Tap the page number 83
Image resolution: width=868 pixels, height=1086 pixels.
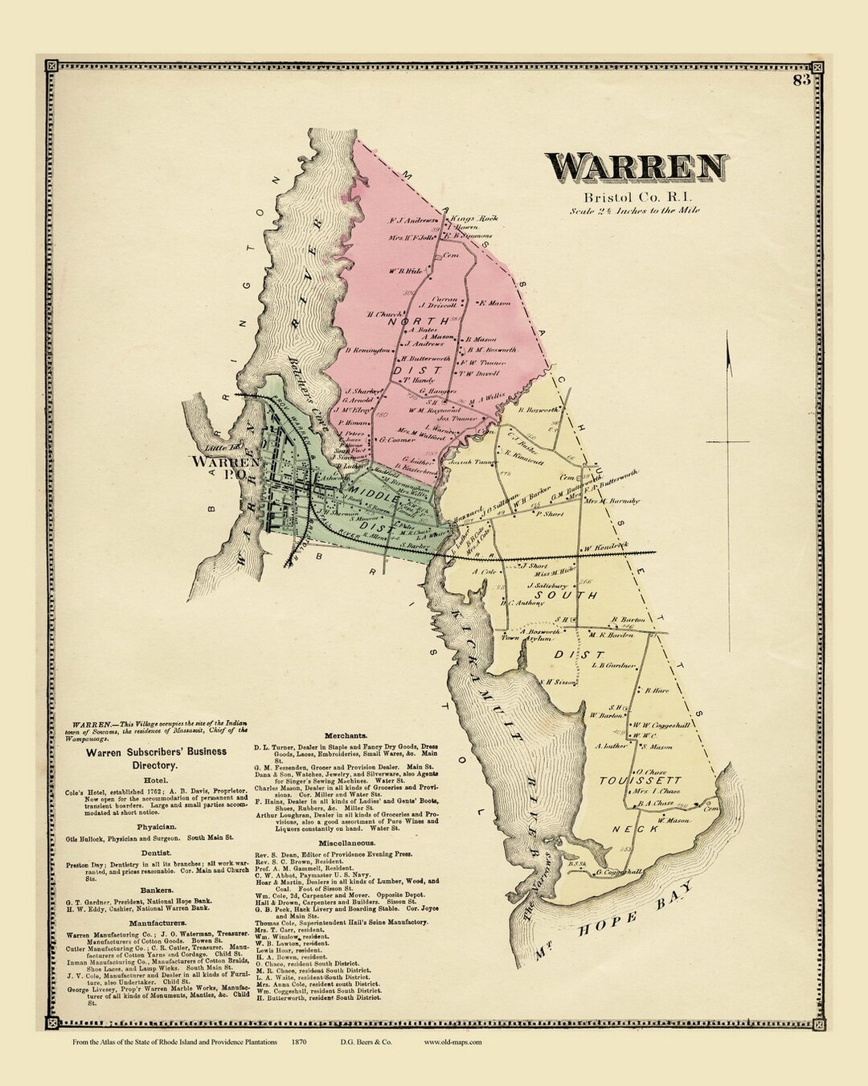click(800, 80)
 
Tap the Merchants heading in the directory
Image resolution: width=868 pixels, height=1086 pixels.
click(346, 735)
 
